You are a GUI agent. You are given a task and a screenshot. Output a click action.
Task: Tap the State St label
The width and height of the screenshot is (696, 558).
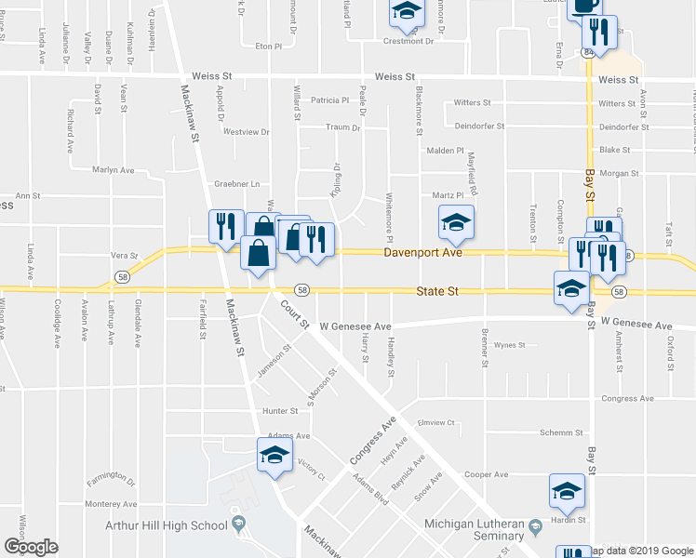pyautogui.click(x=437, y=291)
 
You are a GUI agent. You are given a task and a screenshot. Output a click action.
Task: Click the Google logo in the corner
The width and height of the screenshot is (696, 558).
pyautogui.click(x=31, y=547)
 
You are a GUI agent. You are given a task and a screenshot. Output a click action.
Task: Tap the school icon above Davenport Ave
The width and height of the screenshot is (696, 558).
pyautogui.click(x=456, y=221)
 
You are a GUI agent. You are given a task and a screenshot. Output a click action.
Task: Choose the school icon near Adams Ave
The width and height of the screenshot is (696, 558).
pyautogui.click(x=274, y=455)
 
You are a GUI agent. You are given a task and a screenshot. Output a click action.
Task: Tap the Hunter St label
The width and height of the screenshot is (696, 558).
pyautogui.click(x=279, y=409)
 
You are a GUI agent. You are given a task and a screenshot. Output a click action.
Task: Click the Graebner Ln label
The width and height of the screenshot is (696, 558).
pyautogui.click(x=236, y=184)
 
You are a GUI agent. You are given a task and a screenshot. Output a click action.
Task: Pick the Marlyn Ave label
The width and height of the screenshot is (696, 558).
pyautogui.click(x=114, y=170)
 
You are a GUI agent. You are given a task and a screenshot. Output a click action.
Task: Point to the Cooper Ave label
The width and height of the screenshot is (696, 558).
pyautogui.click(x=487, y=474)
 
